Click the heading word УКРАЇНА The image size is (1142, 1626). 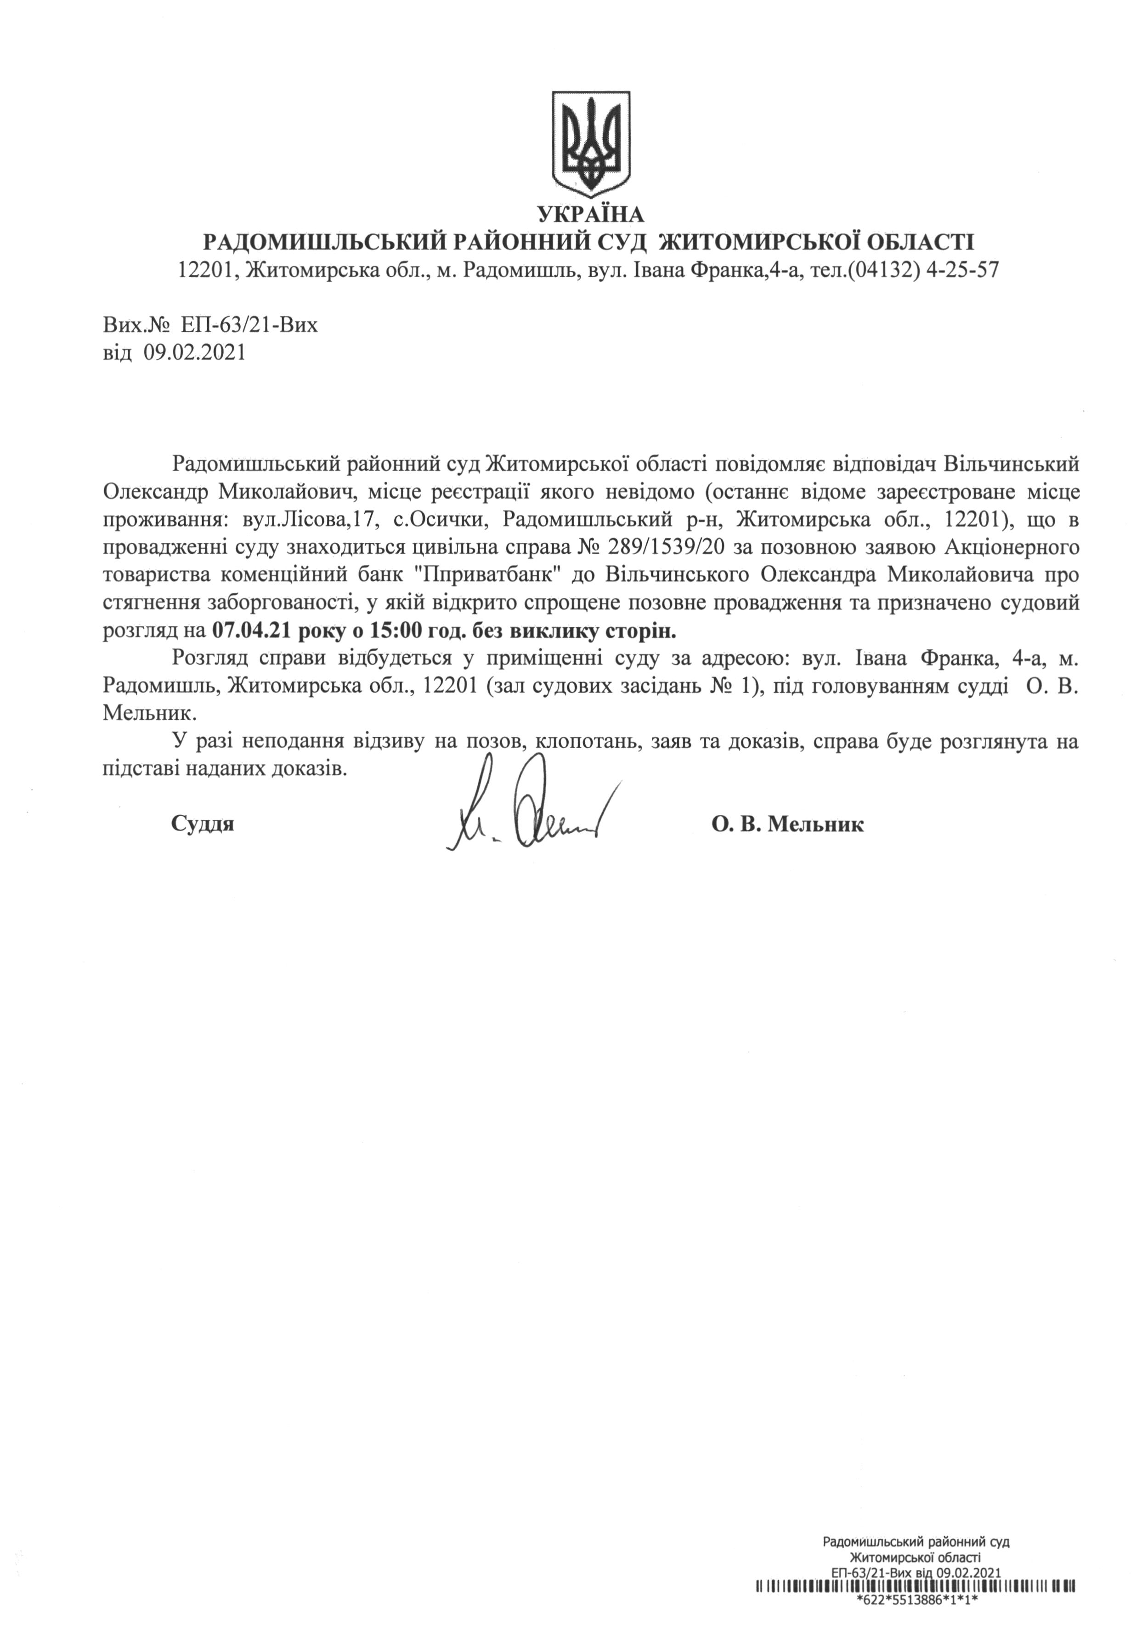pos(590,213)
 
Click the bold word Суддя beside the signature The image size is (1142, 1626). pos(203,824)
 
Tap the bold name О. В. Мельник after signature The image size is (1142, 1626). pos(787,824)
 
